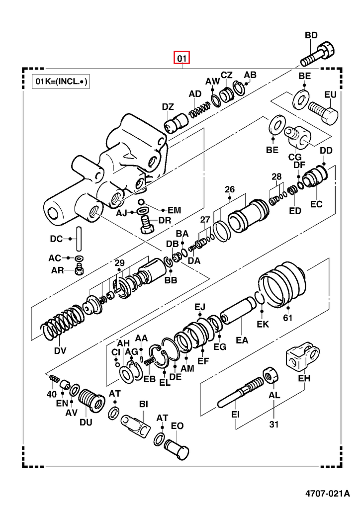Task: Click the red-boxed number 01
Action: [x=182, y=59]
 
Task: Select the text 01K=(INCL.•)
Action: [x=60, y=82]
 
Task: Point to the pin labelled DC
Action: [x=78, y=239]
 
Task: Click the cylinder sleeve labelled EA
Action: [x=237, y=317]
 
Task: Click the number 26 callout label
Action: [x=229, y=189]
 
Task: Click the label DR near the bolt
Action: [x=165, y=221]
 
